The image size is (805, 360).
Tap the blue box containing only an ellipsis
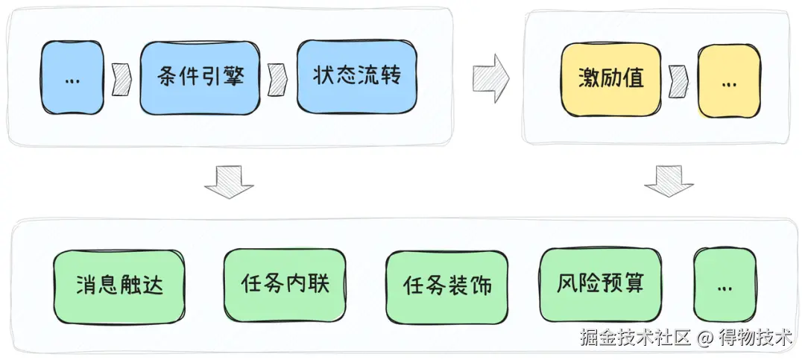click(72, 78)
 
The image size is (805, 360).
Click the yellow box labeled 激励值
click(611, 79)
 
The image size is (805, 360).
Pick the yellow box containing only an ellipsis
click(729, 80)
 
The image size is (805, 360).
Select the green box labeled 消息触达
click(119, 285)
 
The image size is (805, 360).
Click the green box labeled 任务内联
click(285, 284)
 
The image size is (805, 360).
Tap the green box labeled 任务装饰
click(447, 286)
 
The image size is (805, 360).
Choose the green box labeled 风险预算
click(600, 283)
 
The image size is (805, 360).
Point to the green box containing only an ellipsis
click(724, 286)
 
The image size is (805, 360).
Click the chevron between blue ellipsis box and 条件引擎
click(121, 79)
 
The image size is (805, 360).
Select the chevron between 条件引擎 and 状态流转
click(278, 78)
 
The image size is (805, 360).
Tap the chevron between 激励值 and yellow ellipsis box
click(678, 79)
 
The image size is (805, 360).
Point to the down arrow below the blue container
click(229, 182)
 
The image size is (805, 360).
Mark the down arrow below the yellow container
click(669, 181)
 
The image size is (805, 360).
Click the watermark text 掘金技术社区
click(637, 338)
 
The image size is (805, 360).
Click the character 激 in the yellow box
click(589, 79)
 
